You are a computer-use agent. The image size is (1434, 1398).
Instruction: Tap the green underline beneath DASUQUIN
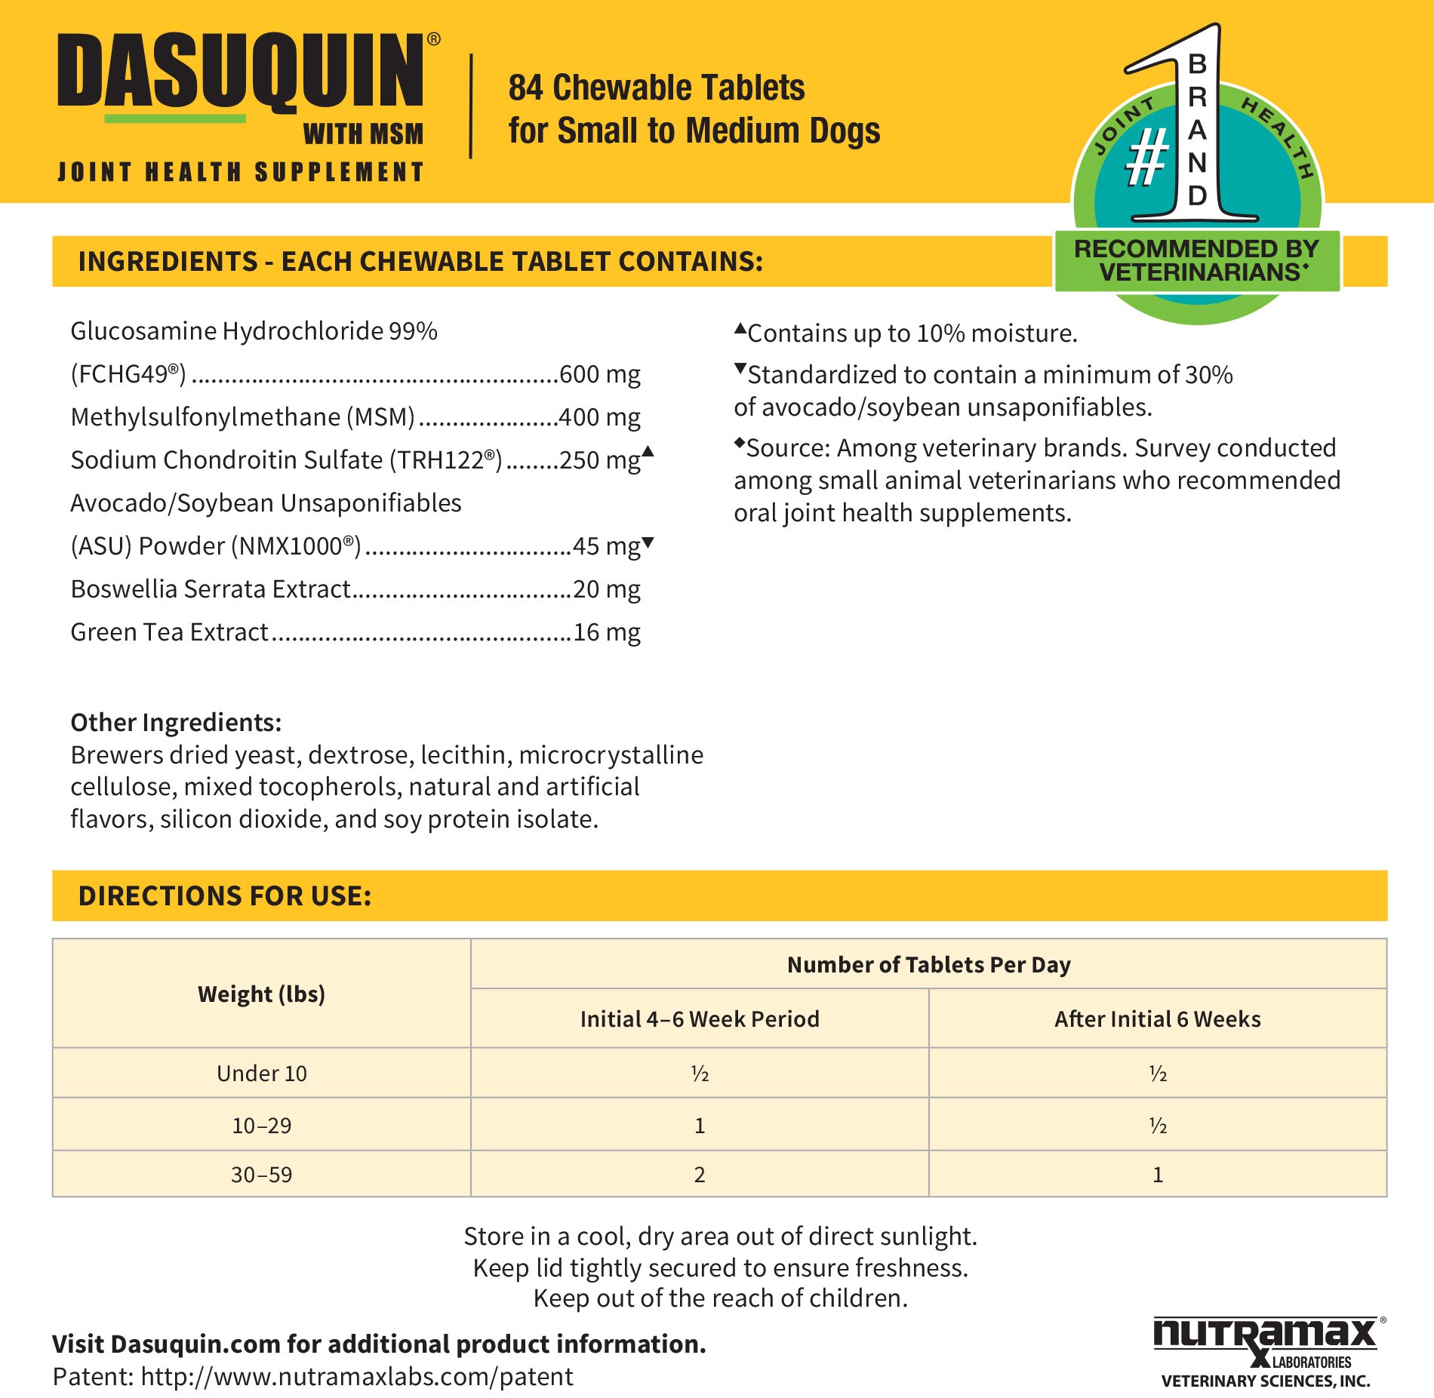174,118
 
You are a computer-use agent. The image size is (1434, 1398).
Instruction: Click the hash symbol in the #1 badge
1146,157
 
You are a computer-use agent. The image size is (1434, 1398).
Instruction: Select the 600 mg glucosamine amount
599,374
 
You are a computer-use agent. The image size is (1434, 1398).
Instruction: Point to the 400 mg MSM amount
599,417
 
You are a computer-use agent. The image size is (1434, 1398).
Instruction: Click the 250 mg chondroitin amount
599,460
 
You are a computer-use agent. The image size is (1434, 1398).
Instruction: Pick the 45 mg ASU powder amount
606,546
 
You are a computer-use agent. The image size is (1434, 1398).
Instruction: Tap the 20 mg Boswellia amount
606,589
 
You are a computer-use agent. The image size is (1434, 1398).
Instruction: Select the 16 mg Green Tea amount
606,632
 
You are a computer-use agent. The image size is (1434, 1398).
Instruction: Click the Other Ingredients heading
176,722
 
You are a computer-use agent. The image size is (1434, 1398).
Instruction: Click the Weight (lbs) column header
261,994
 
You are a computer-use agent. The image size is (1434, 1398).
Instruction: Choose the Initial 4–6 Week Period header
699,1019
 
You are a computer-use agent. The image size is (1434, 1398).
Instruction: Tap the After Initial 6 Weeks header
1157,1019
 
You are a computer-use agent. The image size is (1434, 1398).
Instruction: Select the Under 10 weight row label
261,1073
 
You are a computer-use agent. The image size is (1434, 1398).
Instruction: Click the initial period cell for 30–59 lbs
699,1174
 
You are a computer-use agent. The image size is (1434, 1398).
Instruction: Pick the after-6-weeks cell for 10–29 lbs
1157,1125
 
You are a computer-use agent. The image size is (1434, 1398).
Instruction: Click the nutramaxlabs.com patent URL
356,1377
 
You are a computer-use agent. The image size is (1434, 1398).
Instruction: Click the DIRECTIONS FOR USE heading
225,896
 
